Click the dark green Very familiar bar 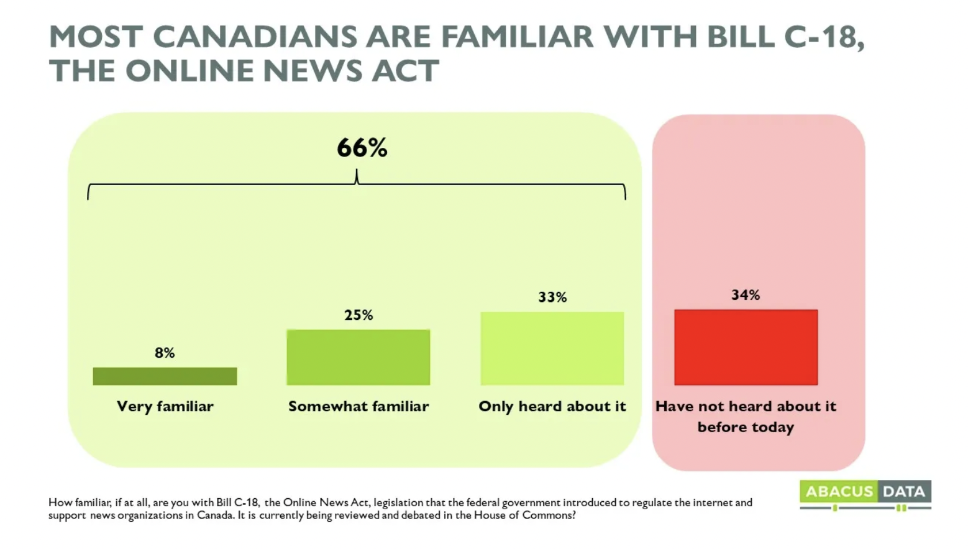tap(165, 376)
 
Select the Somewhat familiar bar tap(358, 357)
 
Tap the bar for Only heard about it tap(552, 348)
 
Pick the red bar tap(746, 347)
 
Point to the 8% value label tap(165, 353)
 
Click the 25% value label tap(358, 315)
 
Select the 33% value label tap(552, 297)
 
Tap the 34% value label tap(746, 295)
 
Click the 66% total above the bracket tap(362, 148)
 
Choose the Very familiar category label tap(165, 406)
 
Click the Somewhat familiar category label tap(358, 406)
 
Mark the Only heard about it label tap(552, 406)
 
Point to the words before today tap(746, 427)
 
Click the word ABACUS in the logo tap(839, 491)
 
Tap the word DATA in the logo tap(903, 491)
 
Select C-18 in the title tap(823, 37)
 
